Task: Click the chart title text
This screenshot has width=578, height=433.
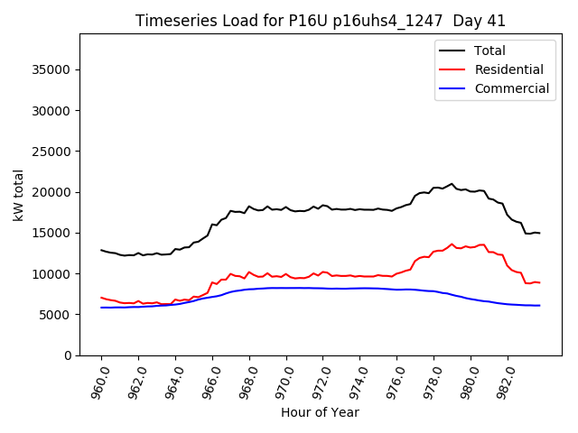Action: click(321, 21)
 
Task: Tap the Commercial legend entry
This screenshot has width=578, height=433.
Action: click(511, 88)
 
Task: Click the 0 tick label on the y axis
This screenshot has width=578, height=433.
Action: click(68, 355)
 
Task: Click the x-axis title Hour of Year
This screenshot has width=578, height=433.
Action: click(320, 412)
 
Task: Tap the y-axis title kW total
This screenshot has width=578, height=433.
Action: click(17, 195)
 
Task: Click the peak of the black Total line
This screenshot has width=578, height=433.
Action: click(452, 184)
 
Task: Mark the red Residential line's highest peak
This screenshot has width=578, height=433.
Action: click(452, 244)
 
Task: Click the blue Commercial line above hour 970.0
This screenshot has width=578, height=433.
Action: click(286, 288)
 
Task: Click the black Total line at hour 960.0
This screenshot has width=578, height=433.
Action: click(101, 250)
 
